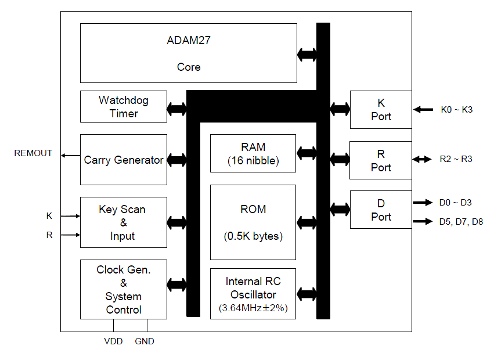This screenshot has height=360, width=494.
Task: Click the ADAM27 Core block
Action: (x=188, y=53)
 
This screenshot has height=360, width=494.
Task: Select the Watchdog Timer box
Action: (x=123, y=107)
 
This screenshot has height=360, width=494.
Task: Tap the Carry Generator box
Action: (x=123, y=160)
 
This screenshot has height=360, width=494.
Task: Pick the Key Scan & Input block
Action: (x=123, y=222)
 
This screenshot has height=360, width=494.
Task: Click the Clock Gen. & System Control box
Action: (x=123, y=289)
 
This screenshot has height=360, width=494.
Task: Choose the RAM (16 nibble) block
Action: (x=253, y=154)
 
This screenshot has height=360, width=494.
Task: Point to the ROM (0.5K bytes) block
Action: (x=253, y=222)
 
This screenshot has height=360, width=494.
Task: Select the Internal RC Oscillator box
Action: (x=253, y=294)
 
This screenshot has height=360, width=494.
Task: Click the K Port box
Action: (x=381, y=109)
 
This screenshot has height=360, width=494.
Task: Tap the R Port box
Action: (x=381, y=160)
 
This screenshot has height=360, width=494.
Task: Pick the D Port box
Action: (x=381, y=210)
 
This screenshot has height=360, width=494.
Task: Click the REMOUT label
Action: (x=33, y=153)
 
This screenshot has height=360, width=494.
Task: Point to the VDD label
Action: (x=113, y=341)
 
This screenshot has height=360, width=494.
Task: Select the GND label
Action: (x=145, y=341)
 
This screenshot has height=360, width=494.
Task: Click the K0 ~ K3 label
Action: (x=457, y=109)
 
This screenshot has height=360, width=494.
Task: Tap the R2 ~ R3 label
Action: (x=456, y=159)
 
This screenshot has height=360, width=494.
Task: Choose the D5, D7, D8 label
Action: (x=461, y=221)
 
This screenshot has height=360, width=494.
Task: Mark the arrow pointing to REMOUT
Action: (x=71, y=155)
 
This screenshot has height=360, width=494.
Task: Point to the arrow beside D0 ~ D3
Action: (x=423, y=203)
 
